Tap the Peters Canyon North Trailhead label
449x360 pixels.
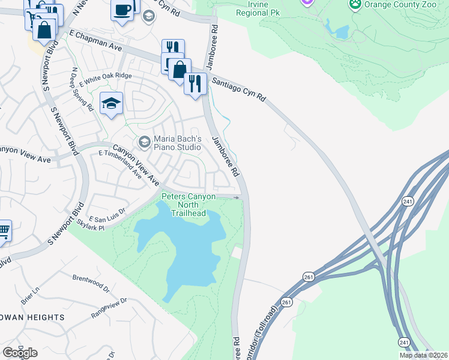click(x=188, y=205)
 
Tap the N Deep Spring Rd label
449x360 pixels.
click(x=82, y=90)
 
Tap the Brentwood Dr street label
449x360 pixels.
click(x=91, y=282)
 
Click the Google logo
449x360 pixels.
click(x=20, y=353)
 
